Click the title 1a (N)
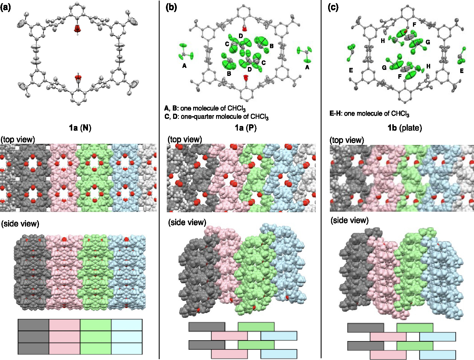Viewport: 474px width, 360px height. (80, 128)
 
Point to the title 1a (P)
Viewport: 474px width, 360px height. (245, 128)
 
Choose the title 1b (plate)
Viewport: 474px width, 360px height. (404, 128)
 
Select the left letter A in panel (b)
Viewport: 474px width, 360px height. (184, 66)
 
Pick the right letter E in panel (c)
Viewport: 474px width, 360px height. (461, 71)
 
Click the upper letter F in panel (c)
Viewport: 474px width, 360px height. (414, 25)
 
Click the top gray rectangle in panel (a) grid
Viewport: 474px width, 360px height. (34, 325)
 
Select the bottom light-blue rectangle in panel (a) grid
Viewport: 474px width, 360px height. (127, 349)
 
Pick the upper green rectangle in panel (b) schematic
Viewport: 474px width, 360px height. (256, 327)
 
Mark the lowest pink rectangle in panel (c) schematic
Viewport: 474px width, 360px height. (388, 355)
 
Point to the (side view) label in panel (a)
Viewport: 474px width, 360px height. (20, 224)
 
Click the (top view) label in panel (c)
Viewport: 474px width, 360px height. (347, 140)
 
